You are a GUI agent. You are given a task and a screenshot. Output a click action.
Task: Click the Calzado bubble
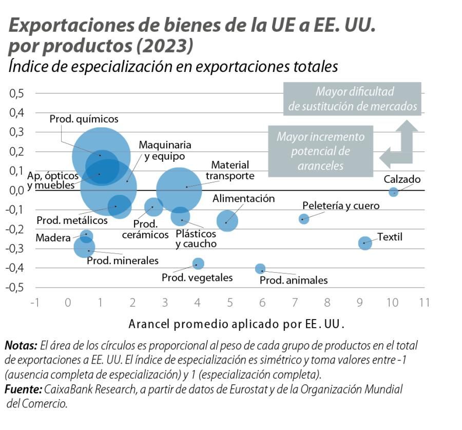coord(393,192)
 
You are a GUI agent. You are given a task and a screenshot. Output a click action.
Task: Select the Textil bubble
coord(364,243)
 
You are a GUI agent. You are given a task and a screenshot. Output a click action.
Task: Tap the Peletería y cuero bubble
coord(304,219)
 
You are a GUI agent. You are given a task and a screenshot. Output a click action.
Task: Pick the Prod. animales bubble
coord(260,269)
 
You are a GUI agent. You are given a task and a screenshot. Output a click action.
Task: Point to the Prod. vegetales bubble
coord(198,264)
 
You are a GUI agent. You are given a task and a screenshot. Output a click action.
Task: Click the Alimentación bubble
coord(227,221)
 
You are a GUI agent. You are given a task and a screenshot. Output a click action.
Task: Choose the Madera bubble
coord(86,236)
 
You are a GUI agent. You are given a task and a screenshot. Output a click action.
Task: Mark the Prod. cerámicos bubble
coord(153,207)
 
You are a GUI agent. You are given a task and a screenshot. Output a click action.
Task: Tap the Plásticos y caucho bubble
coord(181,216)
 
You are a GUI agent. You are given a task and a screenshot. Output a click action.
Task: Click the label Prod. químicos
coord(84,119)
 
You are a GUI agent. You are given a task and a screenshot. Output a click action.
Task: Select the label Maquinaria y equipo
coord(165,151)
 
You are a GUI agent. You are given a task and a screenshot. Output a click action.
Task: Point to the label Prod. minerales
coord(123,260)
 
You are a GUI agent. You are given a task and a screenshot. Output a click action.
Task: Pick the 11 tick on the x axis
coord(424,302)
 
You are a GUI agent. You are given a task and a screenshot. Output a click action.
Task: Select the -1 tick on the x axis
coord(35,302)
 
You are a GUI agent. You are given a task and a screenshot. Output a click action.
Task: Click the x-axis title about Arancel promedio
coord(236,325)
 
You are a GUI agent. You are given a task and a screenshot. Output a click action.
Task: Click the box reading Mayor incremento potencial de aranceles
coord(320,152)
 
